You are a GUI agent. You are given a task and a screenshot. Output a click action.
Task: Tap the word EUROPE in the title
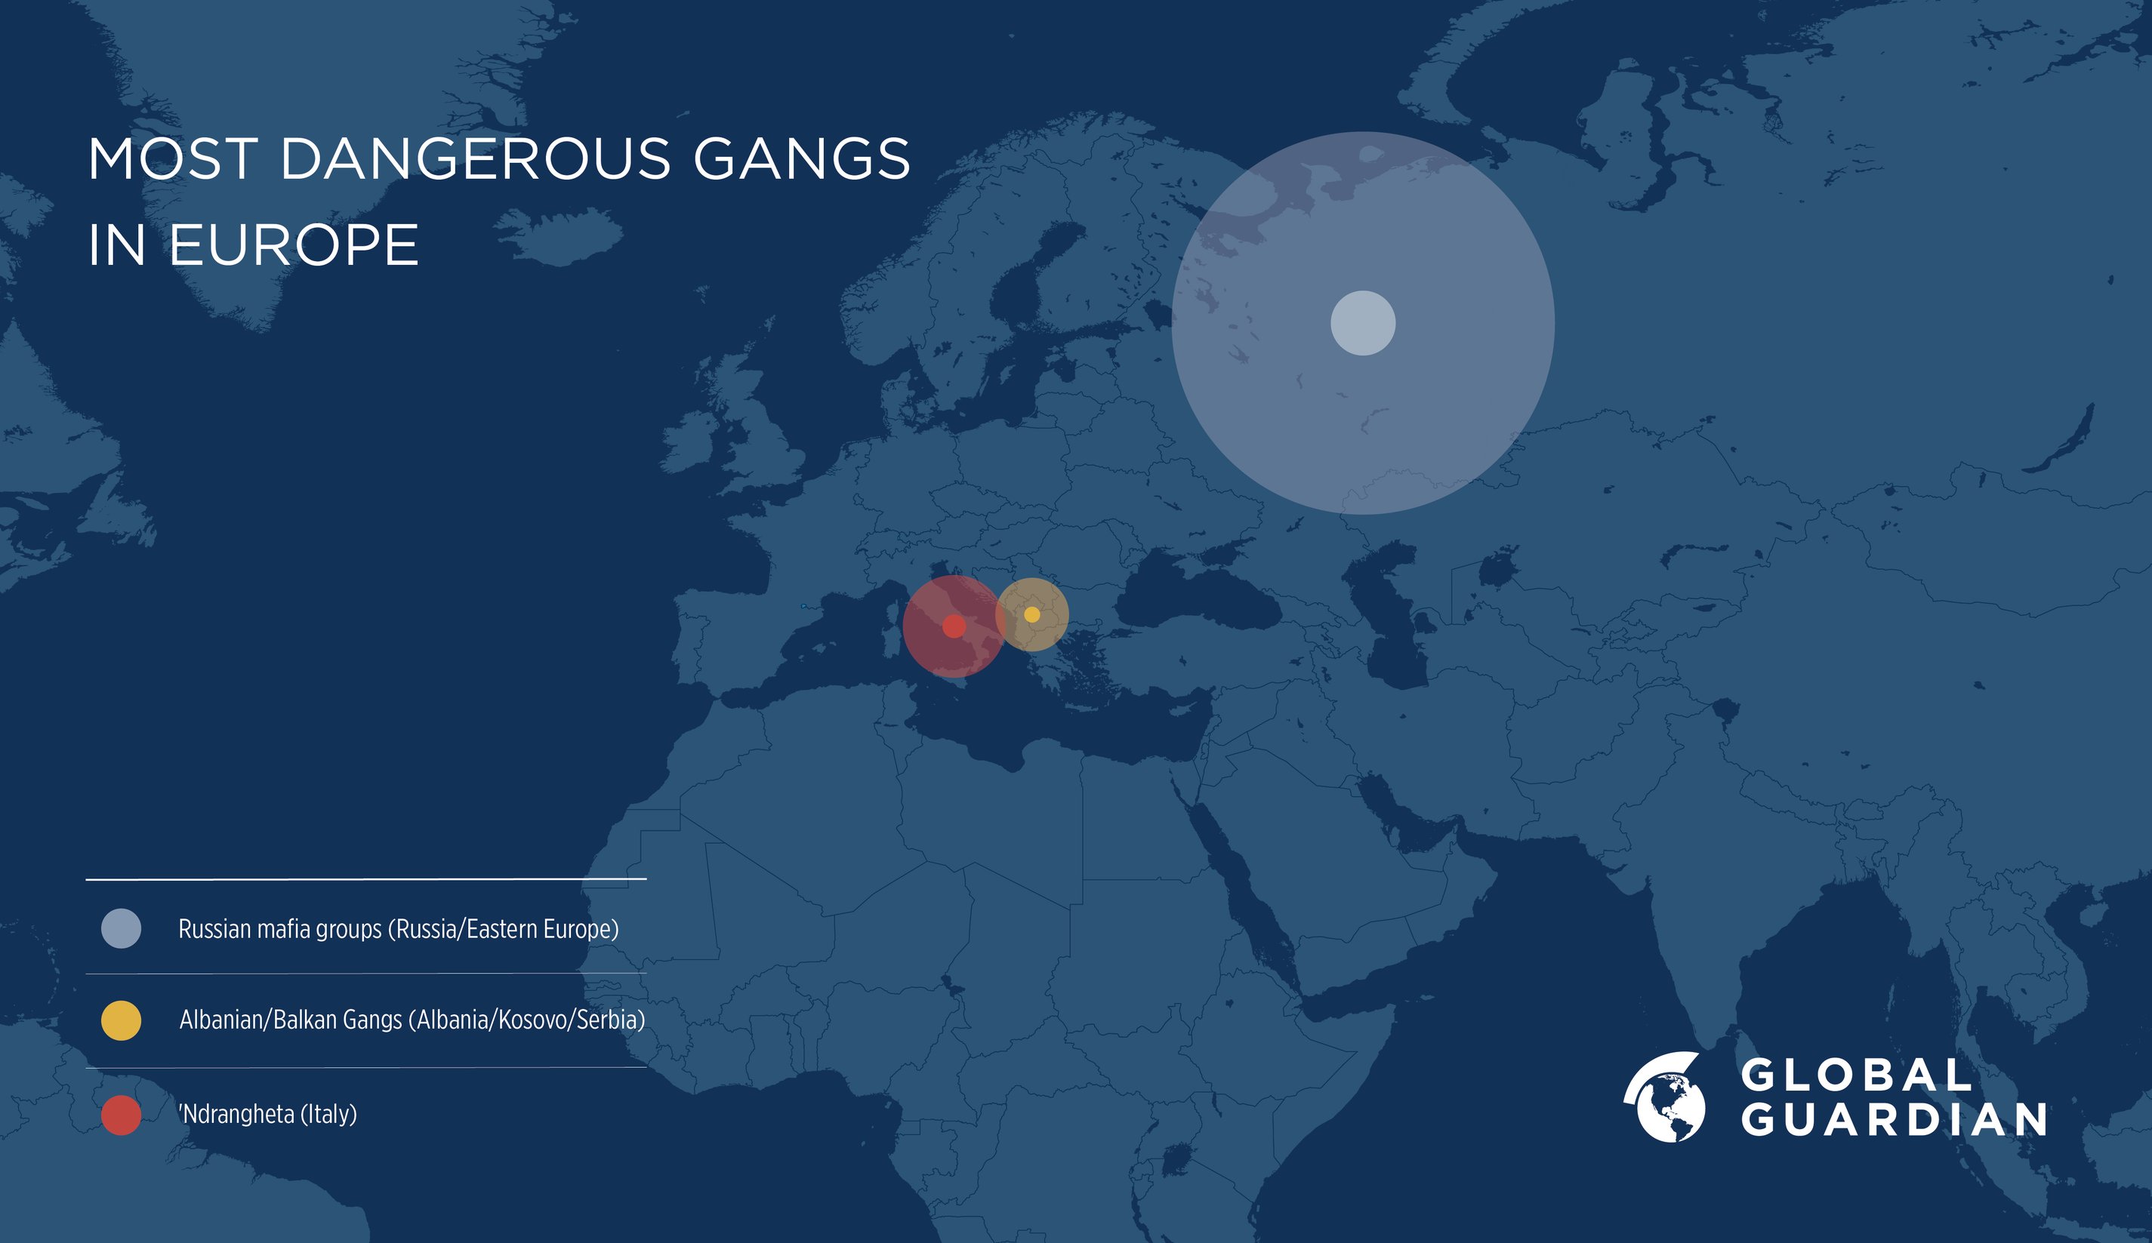(293, 246)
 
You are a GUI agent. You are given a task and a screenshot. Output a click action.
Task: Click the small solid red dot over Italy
(954, 626)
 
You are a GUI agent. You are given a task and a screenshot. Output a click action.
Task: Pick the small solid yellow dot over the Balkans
(1031, 614)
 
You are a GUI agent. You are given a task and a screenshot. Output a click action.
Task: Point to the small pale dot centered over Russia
(1363, 323)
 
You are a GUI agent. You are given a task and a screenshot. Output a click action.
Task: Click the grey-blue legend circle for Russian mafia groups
(122, 929)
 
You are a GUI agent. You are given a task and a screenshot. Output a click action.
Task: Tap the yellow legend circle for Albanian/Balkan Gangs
(122, 1020)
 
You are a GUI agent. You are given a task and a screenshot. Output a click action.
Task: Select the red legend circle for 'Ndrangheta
(122, 1115)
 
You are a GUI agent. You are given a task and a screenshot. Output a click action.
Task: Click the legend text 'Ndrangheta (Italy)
(267, 1114)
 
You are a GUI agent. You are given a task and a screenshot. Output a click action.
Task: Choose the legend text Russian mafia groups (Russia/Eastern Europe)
(398, 929)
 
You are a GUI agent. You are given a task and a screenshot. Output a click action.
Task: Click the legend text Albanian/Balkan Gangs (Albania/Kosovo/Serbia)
(412, 1020)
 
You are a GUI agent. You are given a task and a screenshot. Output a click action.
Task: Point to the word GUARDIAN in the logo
(1894, 1120)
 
